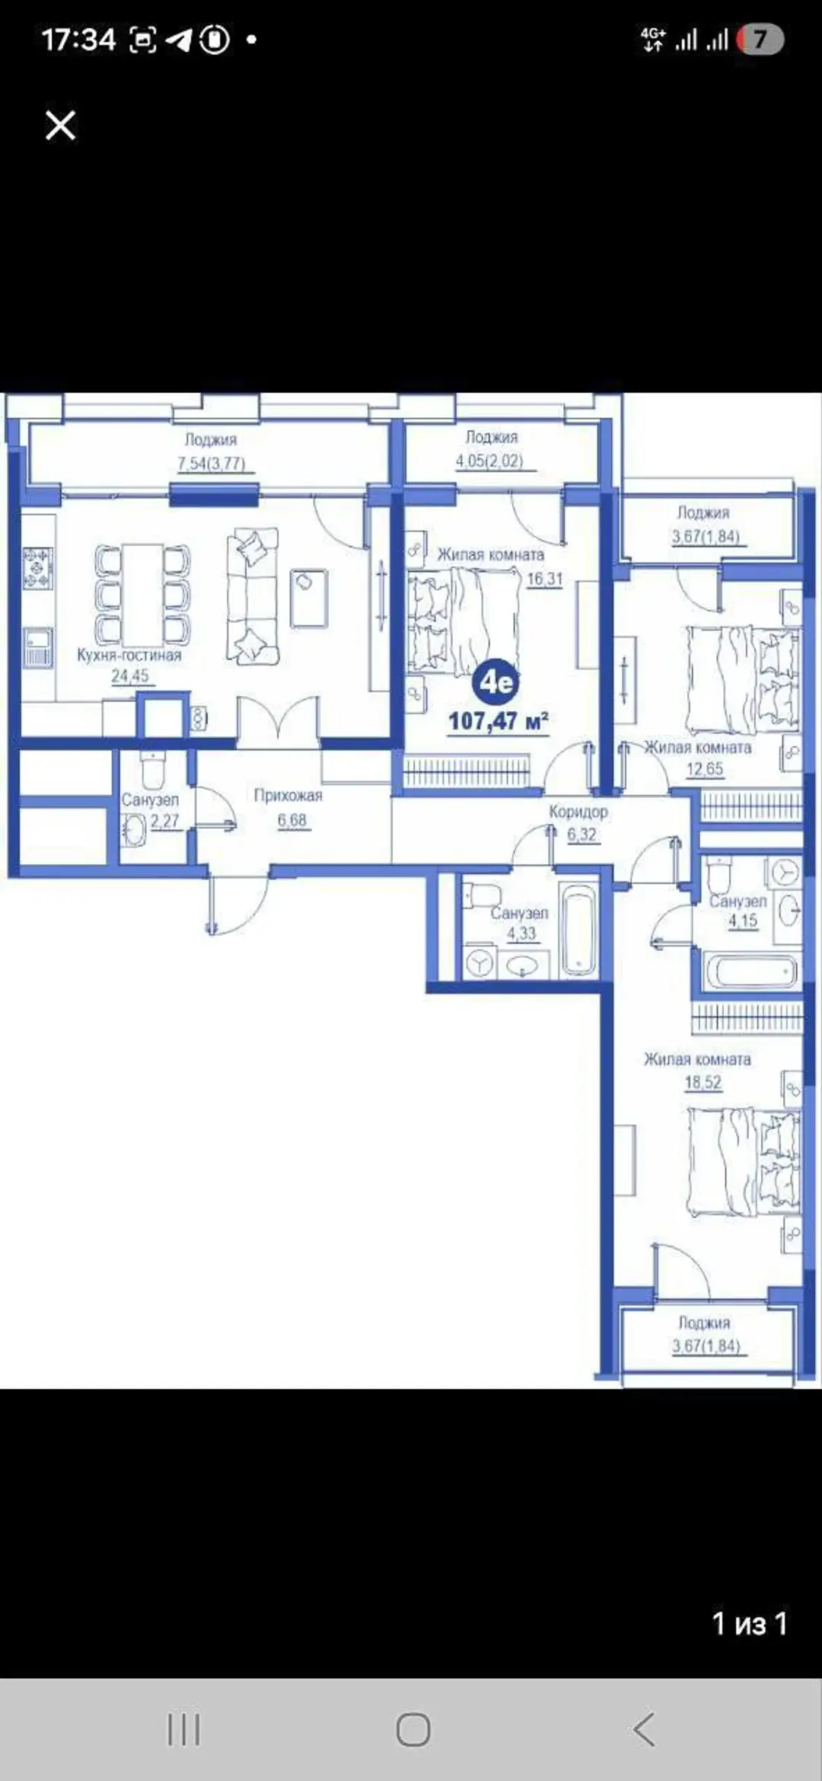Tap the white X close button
point(60,125)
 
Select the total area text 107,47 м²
point(499,721)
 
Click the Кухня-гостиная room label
point(129,656)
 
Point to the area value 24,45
point(130,676)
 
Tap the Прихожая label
point(288,796)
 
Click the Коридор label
point(578,812)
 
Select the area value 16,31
point(545,579)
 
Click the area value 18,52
point(703,1082)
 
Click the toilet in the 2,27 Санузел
point(153,770)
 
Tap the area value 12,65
point(705,769)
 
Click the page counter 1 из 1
point(749,1623)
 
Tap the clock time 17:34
point(78,39)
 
